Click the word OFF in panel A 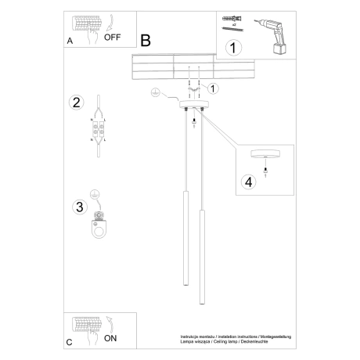pyautogui.click(x=113, y=36)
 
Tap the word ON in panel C pyautogui.click(x=110, y=339)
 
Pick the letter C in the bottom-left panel pyautogui.click(x=70, y=343)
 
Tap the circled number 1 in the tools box pyautogui.click(x=232, y=49)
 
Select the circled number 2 pyautogui.click(x=76, y=103)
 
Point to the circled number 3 pyautogui.click(x=78, y=207)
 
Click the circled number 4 pyautogui.click(x=250, y=182)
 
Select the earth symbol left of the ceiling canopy pyautogui.click(x=155, y=93)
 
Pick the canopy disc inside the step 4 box pyautogui.click(x=267, y=153)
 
